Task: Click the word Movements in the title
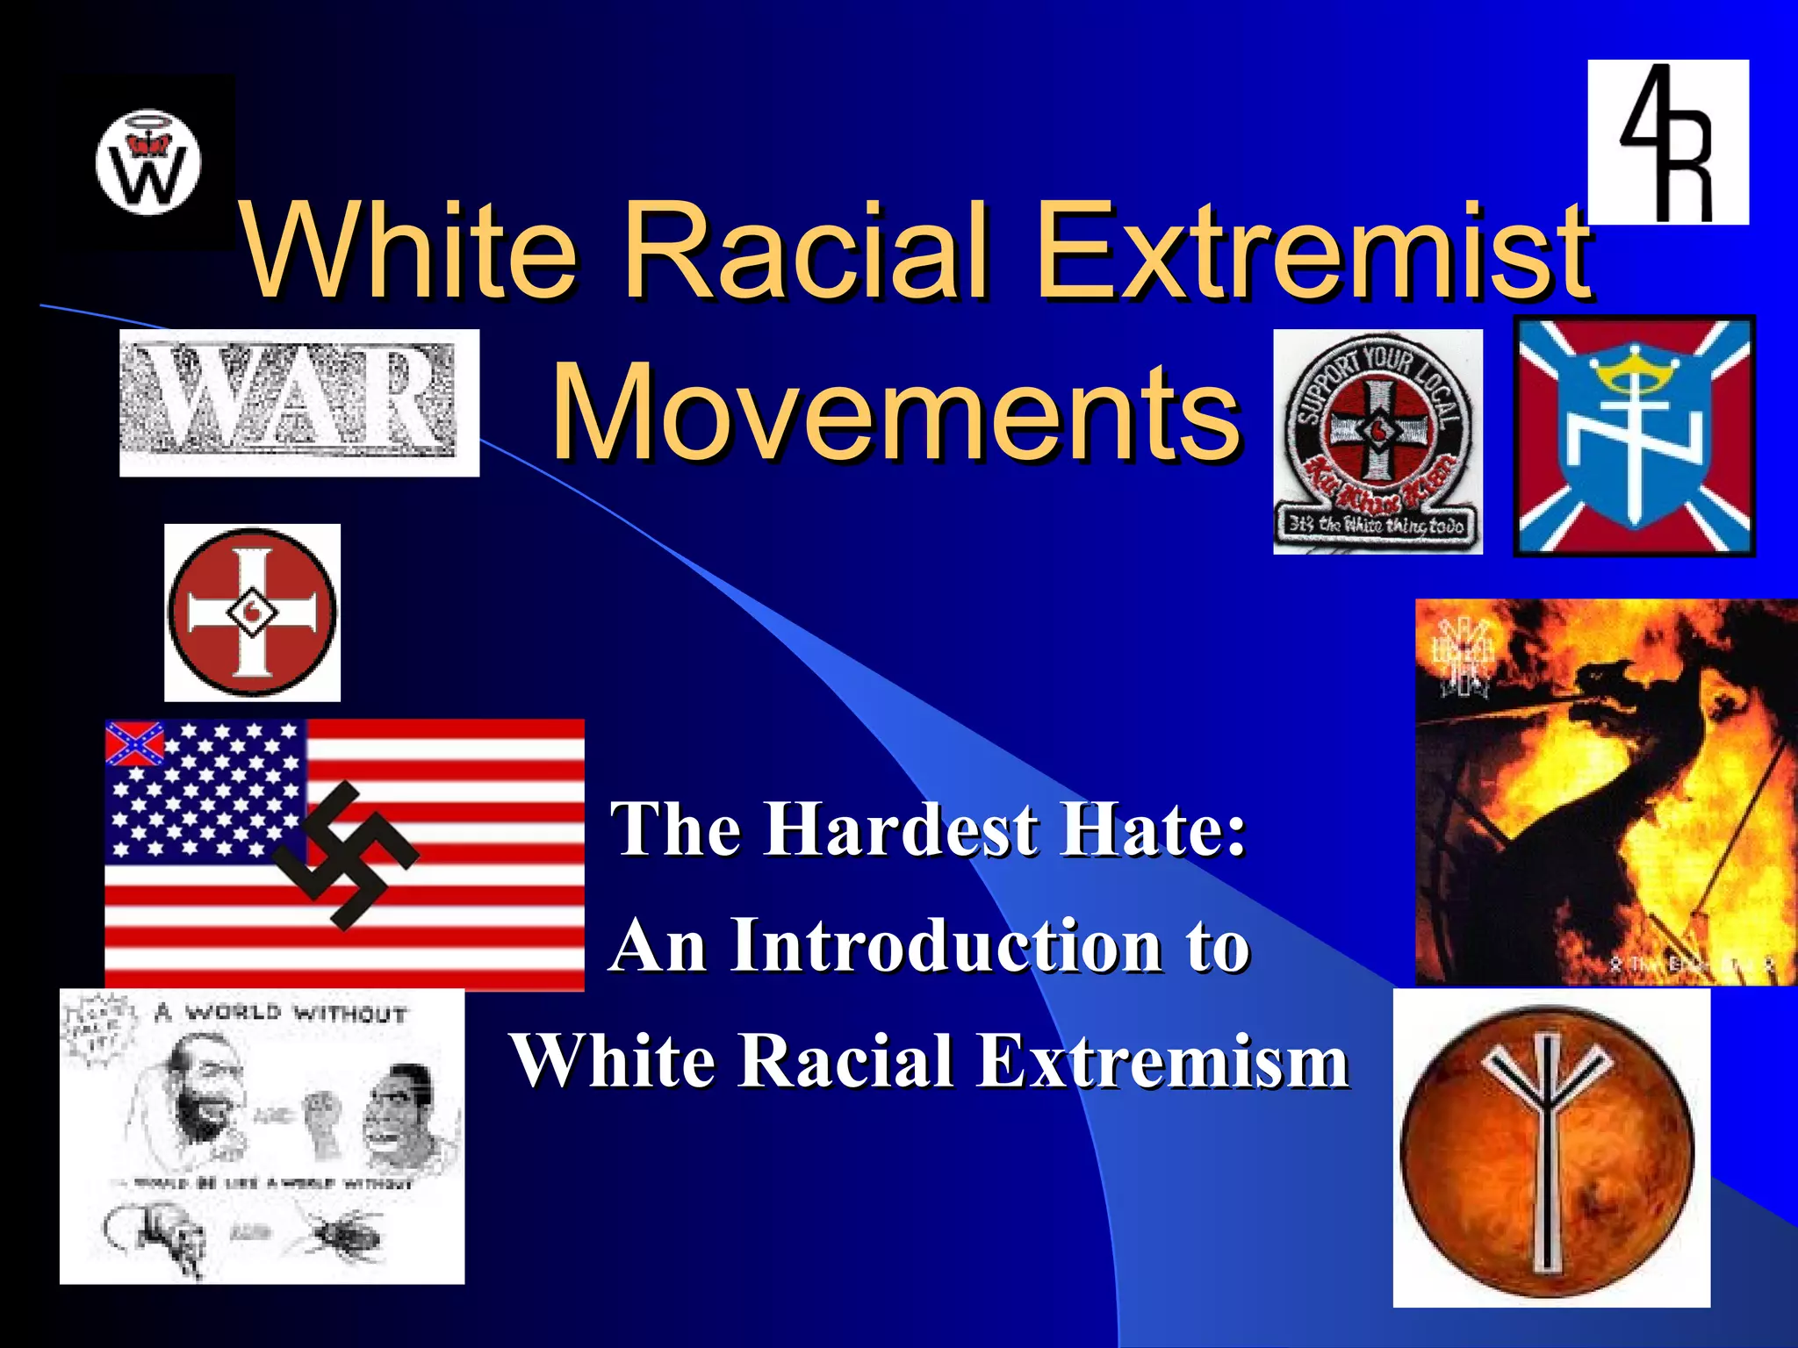tap(895, 412)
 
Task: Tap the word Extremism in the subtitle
tap(1163, 1062)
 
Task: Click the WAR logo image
tap(298, 403)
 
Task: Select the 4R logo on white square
tap(1668, 142)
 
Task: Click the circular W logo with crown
tap(147, 163)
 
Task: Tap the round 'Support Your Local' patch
tap(1377, 441)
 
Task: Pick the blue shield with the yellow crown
tap(1635, 437)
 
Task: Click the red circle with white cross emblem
tap(252, 613)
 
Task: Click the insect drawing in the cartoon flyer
tap(342, 1232)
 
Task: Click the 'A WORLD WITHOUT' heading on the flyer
tap(281, 1014)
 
